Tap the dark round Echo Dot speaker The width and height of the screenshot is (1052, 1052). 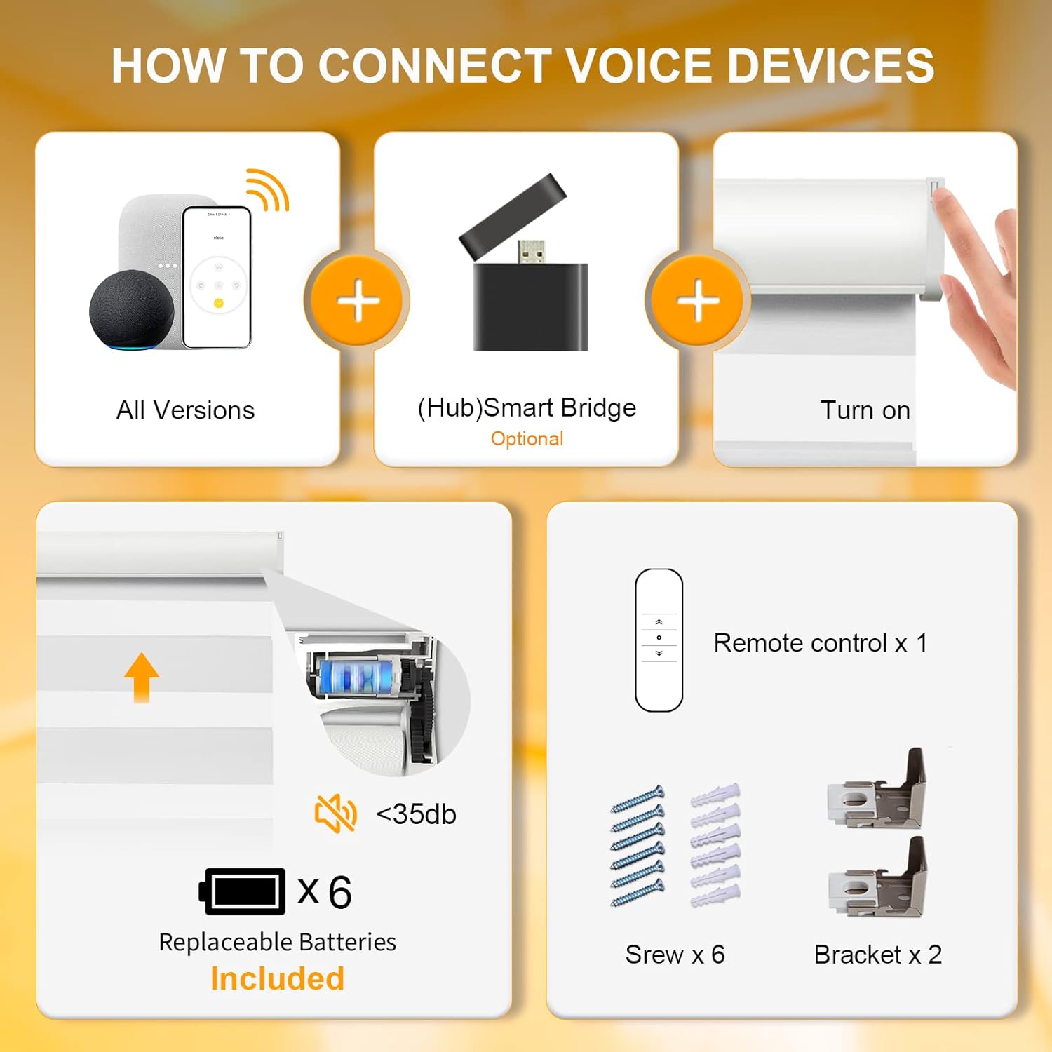click(132, 310)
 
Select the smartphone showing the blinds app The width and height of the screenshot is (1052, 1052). click(217, 277)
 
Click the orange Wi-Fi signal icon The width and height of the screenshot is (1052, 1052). click(267, 189)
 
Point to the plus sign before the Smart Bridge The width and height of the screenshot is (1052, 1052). click(358, 300)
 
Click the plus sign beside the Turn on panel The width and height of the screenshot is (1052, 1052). click(698, 300)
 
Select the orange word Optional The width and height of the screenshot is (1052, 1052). click(527, 439)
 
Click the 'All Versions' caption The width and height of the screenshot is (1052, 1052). click(185, 410)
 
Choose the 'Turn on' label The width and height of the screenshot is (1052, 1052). click(865, 410)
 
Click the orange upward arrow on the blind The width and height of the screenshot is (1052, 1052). click(142, 677)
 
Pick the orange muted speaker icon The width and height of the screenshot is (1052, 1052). click(336, 814)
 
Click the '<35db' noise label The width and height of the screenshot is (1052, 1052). click(416, 814)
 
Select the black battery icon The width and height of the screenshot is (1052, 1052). click(242, 891)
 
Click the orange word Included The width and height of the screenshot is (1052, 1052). click(278, 979)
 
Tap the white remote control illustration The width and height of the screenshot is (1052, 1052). click(659, 640)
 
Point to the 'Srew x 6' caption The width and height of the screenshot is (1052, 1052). click(675, 955)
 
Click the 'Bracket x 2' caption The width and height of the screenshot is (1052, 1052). click(877, 955)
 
